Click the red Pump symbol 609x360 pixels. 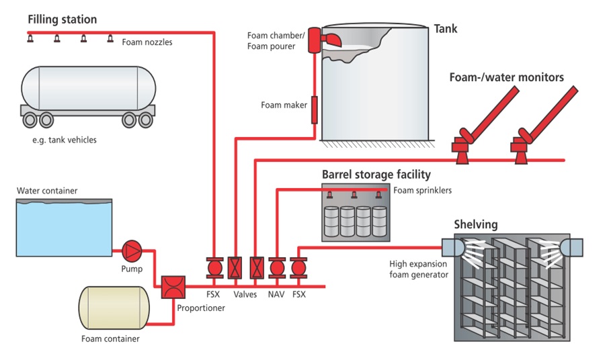(x=130, y=251)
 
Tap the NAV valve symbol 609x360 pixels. (x=277, y=268)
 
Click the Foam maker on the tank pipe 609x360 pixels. (x=314, y=109)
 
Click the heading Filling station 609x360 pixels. (x=62, y=19)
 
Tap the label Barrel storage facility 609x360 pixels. (x=376, y=175)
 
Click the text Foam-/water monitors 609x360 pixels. (x=506, y=77)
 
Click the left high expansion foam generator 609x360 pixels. (x=448, y=247)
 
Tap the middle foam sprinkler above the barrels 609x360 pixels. (x=354, y=195)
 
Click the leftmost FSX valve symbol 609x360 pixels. (x=214, y=268)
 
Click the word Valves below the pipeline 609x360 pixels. (x=245, y=294)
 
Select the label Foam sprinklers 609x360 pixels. (x=423, y=190)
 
